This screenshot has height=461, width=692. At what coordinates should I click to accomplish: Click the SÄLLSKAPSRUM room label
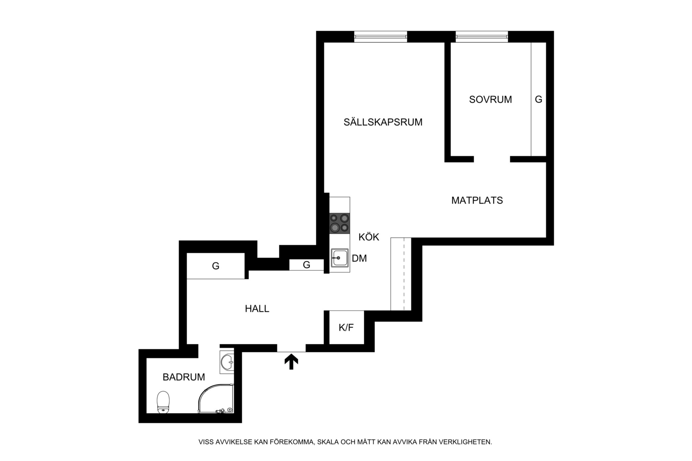(383, 122)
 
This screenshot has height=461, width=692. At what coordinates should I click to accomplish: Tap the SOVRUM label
(490, 99)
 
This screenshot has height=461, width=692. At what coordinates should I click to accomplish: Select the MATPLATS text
(477, 200)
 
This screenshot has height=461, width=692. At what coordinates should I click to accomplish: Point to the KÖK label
(369, 237)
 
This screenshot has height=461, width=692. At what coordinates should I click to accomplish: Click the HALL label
(257, 308)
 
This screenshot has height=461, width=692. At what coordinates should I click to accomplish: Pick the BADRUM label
(184, 377)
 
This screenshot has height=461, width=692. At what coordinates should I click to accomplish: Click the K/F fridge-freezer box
(346, 327)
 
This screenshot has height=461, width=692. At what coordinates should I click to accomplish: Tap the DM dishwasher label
(359, 258)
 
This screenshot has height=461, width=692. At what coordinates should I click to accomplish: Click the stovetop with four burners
(340, 223)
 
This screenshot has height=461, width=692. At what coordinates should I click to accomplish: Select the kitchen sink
(340, 258)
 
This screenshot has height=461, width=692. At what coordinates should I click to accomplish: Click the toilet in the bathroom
(163, 402)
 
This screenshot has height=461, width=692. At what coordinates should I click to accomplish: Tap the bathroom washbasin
(227, 362)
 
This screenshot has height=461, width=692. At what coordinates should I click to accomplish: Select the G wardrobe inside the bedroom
(539, 99)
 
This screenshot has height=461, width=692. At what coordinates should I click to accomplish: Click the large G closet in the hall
(216, 266)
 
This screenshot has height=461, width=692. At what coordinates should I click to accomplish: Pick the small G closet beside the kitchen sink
(306, 265)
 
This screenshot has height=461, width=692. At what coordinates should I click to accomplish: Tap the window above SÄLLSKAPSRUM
(380, 36)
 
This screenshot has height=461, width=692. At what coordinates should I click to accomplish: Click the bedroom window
(481, 36)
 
